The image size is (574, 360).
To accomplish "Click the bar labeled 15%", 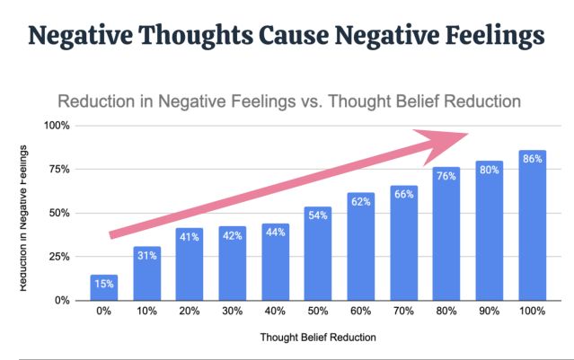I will point(104,287).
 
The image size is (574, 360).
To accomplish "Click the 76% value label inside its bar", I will point(446,176).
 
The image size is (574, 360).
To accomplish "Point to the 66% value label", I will point(403,194).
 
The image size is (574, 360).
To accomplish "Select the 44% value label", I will point(275,232).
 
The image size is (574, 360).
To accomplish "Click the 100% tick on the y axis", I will point(57,126).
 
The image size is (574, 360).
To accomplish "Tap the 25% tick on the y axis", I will point(60,257).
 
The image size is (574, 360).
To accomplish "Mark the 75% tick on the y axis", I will point(60,170).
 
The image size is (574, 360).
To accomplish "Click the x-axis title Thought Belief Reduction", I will point(318,338).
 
